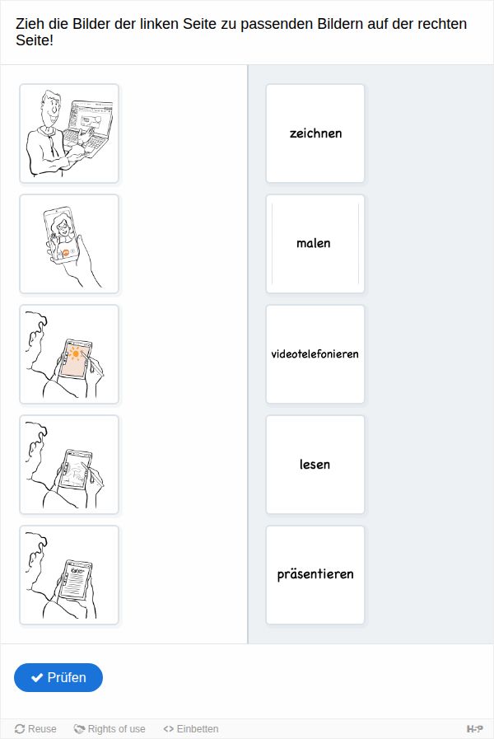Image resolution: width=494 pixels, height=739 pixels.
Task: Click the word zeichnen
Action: pyautogui.click(x=315, y=133)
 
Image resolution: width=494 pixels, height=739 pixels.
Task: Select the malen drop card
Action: pyautogui.click(x=315, y=244)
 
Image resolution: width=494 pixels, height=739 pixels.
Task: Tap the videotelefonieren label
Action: pyautogui.click(x=315, y=354)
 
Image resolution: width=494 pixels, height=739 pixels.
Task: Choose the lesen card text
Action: pyautogui.click(x=315, y=464)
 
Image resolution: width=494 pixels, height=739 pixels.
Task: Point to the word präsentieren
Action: pyautogui.click(x=315, y=574)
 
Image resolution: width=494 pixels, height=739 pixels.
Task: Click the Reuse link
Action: pyautogui.click(x=35, y=728)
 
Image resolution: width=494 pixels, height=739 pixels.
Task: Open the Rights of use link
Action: pyautogui.click(x=110, y=728)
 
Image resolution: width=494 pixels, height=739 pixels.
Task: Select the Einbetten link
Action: pyautogui.click(x=191, y=728)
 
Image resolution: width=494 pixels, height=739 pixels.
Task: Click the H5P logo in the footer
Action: pyautogui.click(x=475, y=729)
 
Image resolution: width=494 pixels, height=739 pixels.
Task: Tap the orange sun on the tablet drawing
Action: pyautogui.click(x=75, y=353)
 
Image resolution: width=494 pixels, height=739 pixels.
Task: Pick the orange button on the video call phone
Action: pyautogui.click(x=66, y=253)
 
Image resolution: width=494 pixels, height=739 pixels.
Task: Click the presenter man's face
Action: pyautogui.click(x=50, y=109)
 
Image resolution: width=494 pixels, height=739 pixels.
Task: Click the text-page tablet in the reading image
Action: pyautogui.click(x=76, y=580)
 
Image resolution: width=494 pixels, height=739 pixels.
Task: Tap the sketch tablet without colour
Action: pyautogui.click(x=77, y=470)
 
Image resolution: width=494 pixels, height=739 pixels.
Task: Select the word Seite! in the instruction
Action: pyautogui.click(x=35, y=40)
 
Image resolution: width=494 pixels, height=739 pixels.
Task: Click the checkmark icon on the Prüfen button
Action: pyautogui.click(x=37, y=678)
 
